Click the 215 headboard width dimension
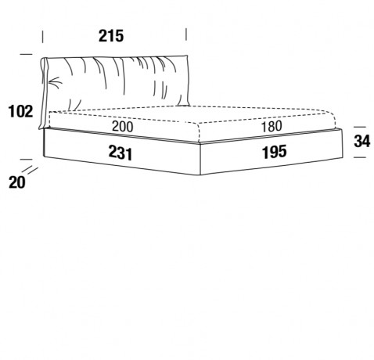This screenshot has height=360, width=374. [111, 36]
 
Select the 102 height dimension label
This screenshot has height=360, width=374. [21, 111]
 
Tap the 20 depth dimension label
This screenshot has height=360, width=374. [17, 182]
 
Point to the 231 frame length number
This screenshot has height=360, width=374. [120, 153]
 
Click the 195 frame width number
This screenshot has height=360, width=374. [275, 152]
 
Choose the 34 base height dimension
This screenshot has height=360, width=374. [362, 142]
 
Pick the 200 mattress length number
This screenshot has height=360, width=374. [122, 127]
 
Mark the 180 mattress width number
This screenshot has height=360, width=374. [272, 126]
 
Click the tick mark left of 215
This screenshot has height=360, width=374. [42, 37]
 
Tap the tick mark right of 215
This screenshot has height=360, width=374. [186, 34]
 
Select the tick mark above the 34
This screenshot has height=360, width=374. [360, 127]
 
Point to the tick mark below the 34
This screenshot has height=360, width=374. [360, 157]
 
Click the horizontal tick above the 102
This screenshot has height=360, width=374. [26, 54]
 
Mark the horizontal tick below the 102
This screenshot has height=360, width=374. [26, 159]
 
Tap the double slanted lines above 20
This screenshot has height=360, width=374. [30, 170]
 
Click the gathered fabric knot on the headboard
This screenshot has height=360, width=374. [54, 82]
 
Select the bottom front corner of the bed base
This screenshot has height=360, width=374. [200, 175]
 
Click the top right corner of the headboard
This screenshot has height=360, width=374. [187, 56]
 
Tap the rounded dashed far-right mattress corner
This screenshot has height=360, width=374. [333, 115]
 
